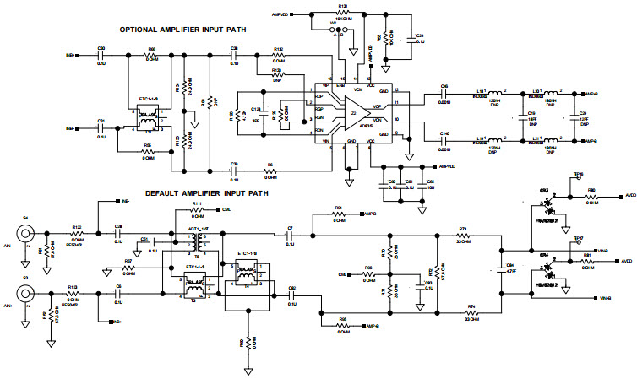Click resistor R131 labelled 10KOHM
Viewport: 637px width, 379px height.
coord(342,13)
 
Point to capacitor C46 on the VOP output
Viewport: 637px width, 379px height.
coord(444,94)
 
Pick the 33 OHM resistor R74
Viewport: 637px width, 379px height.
coord(471,312)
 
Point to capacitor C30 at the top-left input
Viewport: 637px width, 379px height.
coord(101,56)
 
